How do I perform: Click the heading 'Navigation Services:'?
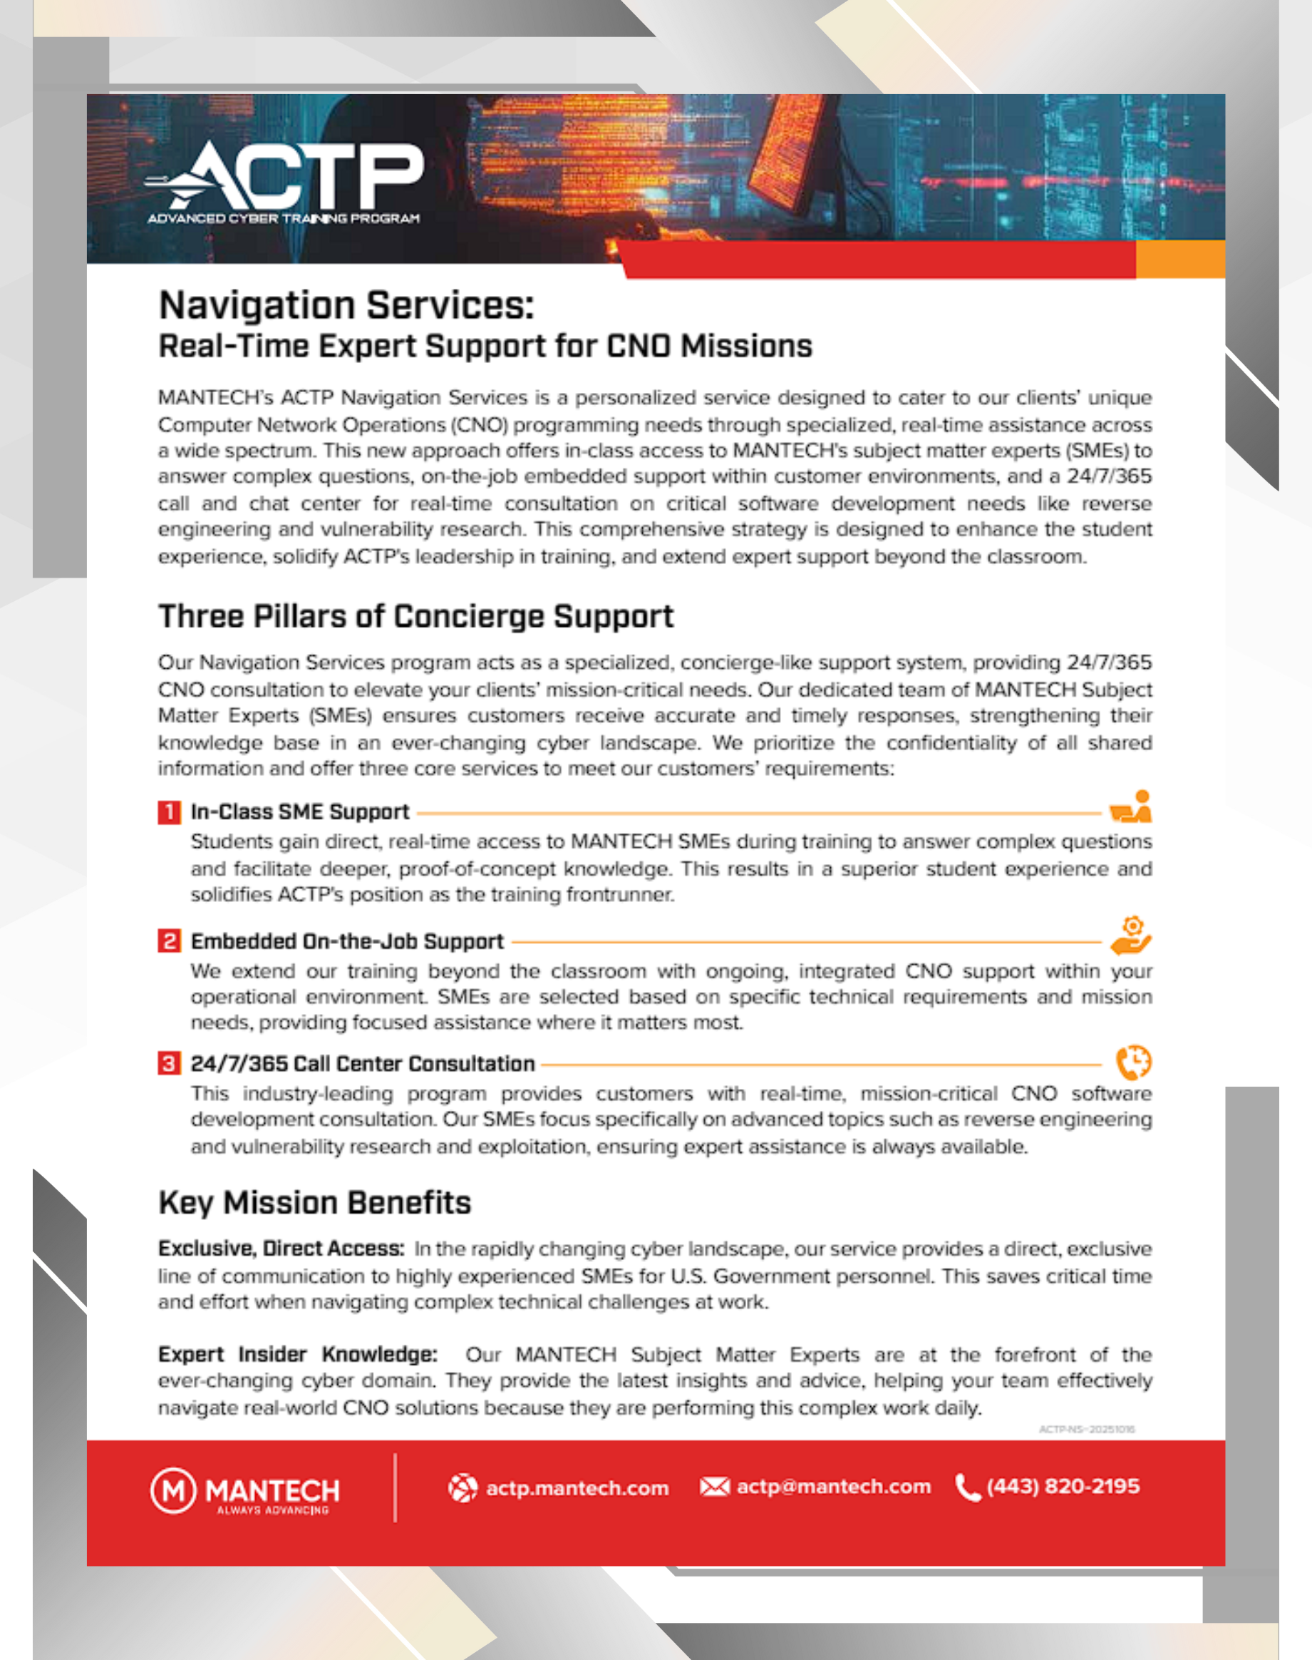pyautogui.click(x=346, y=305)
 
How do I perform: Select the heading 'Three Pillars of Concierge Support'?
pyautogui.click(x=415, y=616)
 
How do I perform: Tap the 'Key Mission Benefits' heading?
pyautogui.click(x=314, y=1203)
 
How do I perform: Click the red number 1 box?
pyautogui.click(x=169, y=812)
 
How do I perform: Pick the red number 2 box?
pyautogui.click(x=169, y=941)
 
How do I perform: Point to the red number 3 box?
pyautogui.click(x=169, y=1064)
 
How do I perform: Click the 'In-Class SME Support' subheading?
pyautogui.click(x=299, y=812)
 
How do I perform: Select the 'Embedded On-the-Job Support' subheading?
pyautogui.click(x=347, y=941)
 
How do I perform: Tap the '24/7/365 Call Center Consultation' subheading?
pyautogui.click(x=363, y=1064)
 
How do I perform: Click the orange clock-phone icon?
pyautogui.click(x=1133, y=1063)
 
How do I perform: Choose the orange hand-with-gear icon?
pyautogui.click(x=1131, y=936)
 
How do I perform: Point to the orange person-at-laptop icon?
pyautogui.click(x=1131, y=807)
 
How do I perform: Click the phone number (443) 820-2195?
pyautogui.click(x=1063, y=1486)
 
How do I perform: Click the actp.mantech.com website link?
pyautogui.click(x=577, y=1488)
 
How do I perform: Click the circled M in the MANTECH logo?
pyautogui.click(x=174, y=1491)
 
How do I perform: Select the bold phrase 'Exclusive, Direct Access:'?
pyautogui.click(x=281, y=1249)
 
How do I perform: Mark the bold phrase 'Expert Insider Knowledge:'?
pyautogui.click(x=298, y=1354)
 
